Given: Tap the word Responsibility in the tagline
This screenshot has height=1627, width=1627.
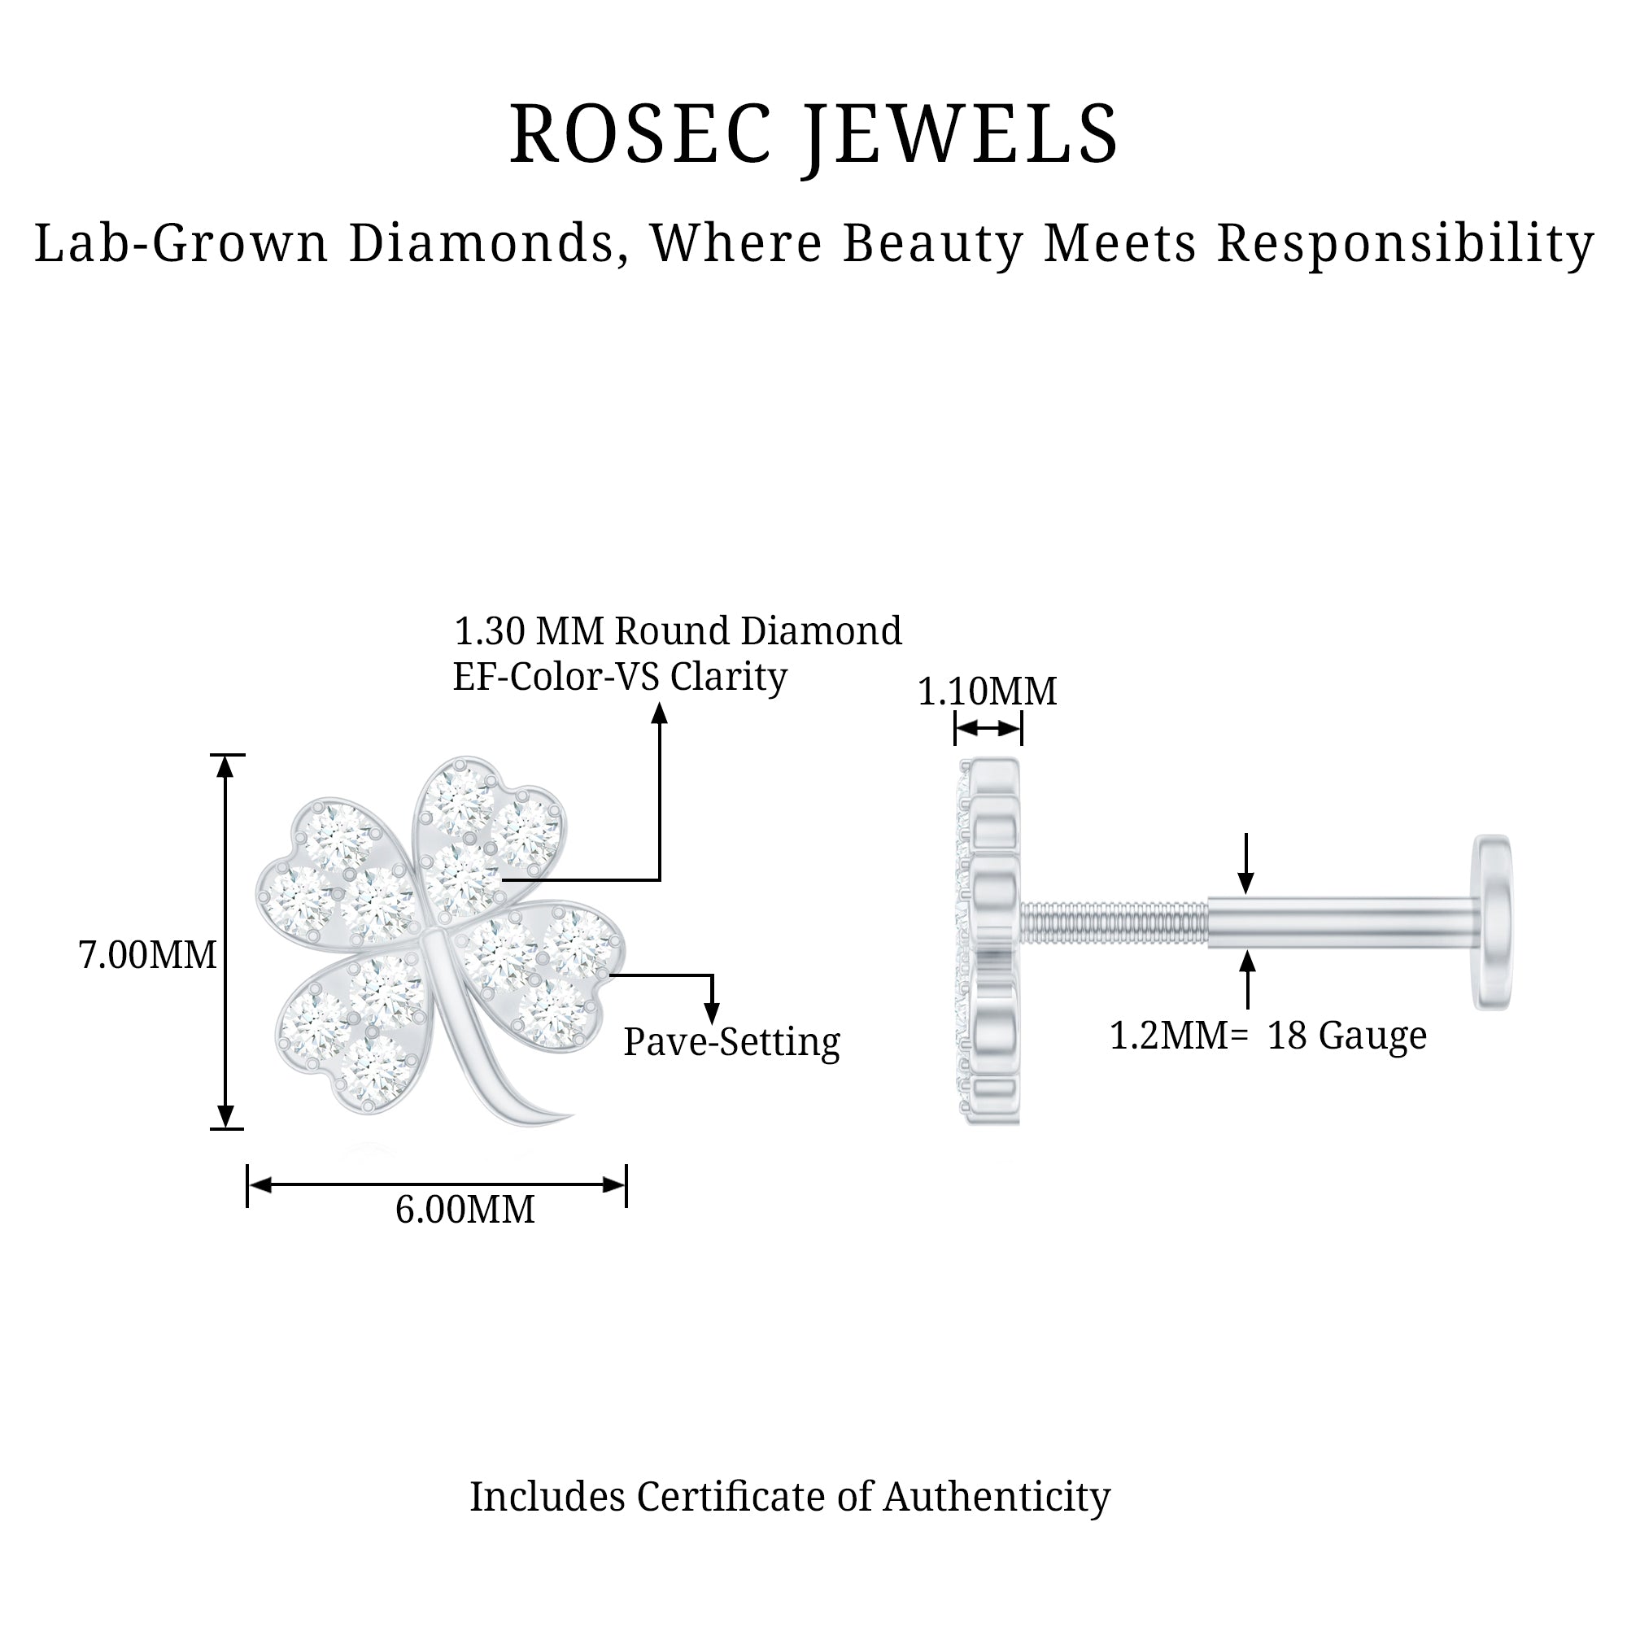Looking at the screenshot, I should click(x=1406, y=244).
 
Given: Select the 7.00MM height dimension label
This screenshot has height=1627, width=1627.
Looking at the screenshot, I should click(x=147, y=956).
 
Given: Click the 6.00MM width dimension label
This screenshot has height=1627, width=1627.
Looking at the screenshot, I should click(x=465, y=1210).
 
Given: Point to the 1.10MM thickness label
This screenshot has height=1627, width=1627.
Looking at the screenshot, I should click(x=987, y=691).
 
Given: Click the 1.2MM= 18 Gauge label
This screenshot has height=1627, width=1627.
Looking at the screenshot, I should click(x=1268, y=1036).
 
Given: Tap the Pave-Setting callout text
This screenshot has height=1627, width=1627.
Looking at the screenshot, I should click(x=731, y=1043).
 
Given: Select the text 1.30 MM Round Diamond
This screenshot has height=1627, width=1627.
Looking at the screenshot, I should click(x=677, y=630).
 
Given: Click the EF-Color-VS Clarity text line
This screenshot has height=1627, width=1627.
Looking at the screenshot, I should click(x=620, y=676).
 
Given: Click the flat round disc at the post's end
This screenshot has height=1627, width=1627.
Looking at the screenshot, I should click(x=1492, y=923).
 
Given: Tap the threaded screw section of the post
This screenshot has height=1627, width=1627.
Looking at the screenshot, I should click(x=1114, y=923).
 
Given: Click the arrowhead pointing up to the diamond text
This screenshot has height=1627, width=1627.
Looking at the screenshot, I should click(x=660, y=715).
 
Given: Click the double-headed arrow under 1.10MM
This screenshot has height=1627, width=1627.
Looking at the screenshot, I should click(x=988, y=728).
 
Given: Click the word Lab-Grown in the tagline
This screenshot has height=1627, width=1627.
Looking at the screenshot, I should click(x=181, y=244).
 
